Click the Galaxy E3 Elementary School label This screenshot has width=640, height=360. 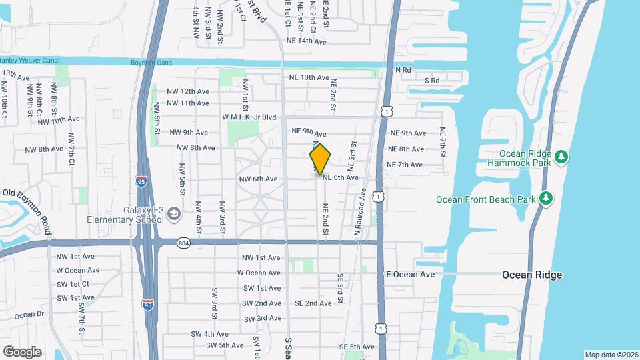[125, 215]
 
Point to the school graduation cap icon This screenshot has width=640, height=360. [173, 214]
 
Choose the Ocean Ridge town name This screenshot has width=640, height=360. [531, 275]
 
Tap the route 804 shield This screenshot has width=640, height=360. [183, 244]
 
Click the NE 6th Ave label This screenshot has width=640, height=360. [341, 177]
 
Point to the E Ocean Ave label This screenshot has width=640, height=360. [411, 274]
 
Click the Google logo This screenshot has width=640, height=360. [22, 351]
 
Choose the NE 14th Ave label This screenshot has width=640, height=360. [306, 41]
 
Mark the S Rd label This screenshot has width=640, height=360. [433, 81]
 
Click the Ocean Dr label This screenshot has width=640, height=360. [29, 315]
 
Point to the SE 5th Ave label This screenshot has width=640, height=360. [357, 347]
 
